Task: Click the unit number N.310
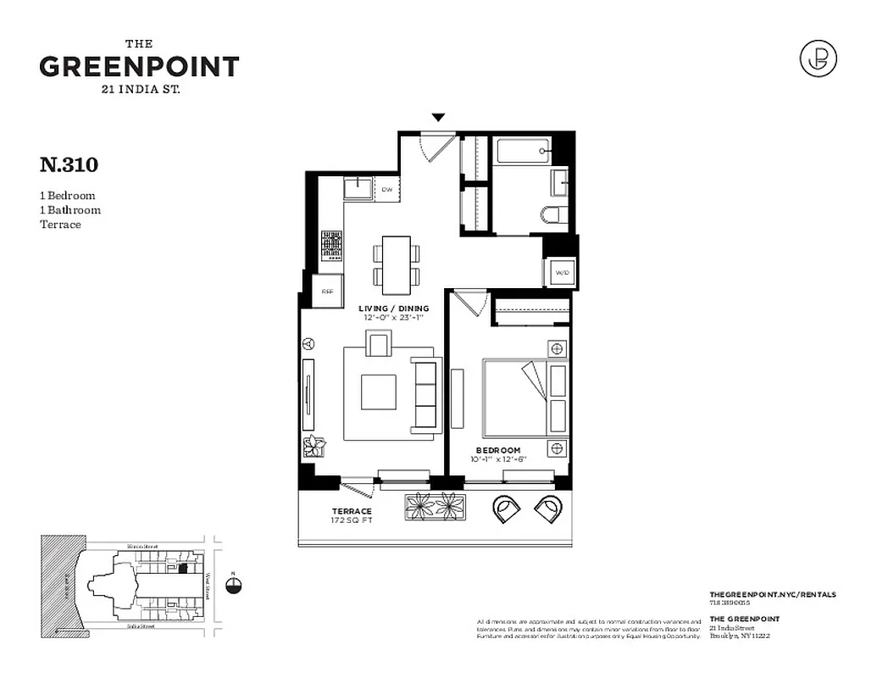coord(69,163)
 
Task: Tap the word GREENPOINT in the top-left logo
coord(139,66)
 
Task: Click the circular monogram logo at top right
coord(818,58)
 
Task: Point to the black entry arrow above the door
coord(438,118)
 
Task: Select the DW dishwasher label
coord(387,189)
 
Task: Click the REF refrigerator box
coord(328,291)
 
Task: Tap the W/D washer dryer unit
coord(561,273)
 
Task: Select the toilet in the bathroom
coord(552,214)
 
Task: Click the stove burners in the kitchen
coord(330,246)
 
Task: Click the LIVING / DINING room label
coord(393,308)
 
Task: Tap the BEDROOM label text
coord(497,450)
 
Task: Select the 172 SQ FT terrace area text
coord(351,520)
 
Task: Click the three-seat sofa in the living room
coord(425,392)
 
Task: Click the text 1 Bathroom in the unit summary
coord(70,210)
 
